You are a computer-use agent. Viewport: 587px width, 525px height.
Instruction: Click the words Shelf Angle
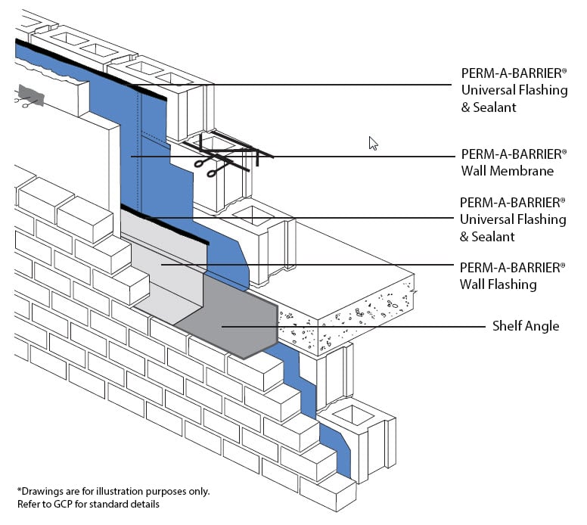click(x=526, y=326)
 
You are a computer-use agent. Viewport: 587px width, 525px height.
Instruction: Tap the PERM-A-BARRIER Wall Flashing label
click(x=513, y=276)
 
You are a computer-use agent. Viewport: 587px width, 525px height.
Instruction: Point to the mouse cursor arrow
click(x=372, y=143)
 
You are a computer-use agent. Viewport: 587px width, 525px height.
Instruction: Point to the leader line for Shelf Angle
click(x=378, y=326)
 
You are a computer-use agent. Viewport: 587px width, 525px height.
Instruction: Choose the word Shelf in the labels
click(x=508, y=326)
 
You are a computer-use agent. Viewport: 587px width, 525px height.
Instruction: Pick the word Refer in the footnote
click(x=29, y=504)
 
